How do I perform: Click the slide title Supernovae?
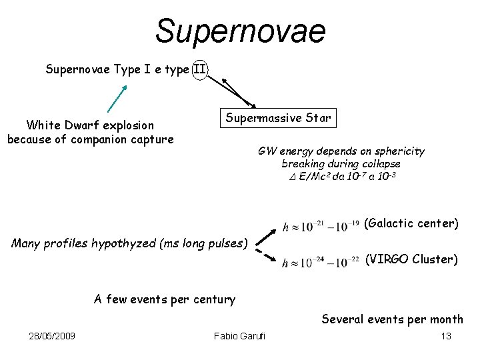pos(240,31)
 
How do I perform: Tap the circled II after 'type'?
pos(200,69)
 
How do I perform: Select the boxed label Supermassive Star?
pos(277,118)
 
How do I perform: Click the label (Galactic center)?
pos(411,223)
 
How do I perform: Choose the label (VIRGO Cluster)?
pos(411,259)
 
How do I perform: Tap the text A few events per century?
pos(165,299)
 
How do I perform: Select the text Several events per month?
pos(392,319)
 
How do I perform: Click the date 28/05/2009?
pos(52,335)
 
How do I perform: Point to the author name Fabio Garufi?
pos(239,335)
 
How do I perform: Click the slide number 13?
pos(446,335)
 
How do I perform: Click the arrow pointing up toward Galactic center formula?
pos(267,237)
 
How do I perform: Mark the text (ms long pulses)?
pos(204,243)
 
